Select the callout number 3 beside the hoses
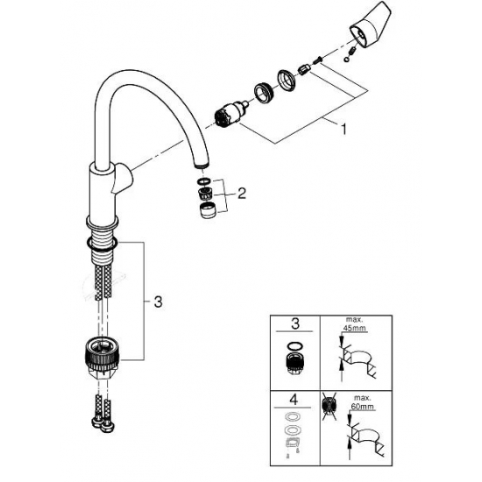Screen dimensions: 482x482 (156, 303)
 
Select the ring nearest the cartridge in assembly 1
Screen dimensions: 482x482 (262, 91)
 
